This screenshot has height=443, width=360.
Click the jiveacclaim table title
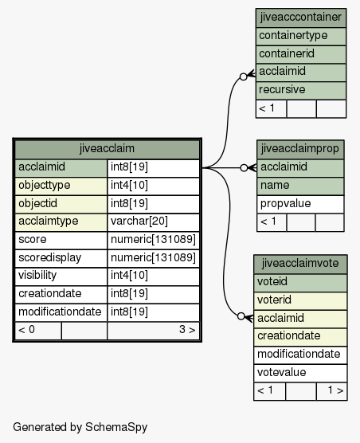(107, 148)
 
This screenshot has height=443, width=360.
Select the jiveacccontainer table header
(301, 18)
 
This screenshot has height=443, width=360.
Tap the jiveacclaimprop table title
(300, 149)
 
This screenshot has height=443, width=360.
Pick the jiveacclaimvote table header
(300, 263)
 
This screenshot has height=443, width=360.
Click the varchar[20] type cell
(139, 221)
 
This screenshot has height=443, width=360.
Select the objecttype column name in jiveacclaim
(45, 186)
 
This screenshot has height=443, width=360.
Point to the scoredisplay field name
(49, 257)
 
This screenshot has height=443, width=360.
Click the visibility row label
(37, 275)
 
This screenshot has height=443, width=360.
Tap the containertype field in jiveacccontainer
(293, 36)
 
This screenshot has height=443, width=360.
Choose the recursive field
(282, 89)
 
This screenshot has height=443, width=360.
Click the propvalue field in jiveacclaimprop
(285, 204)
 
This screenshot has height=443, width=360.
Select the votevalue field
(281, 372)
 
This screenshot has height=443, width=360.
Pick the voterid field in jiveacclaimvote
(274, 300)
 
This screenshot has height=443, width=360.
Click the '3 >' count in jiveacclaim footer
(187, 329)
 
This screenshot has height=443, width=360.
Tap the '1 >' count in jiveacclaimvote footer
(335, 390)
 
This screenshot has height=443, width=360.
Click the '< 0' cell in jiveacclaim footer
(26, 329)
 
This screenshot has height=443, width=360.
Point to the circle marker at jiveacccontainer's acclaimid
(244, 76)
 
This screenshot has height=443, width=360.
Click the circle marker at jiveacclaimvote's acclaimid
(241, 316)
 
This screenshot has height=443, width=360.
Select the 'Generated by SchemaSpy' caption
(80, 427)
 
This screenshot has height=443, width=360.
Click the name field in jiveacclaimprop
(275, 186)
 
